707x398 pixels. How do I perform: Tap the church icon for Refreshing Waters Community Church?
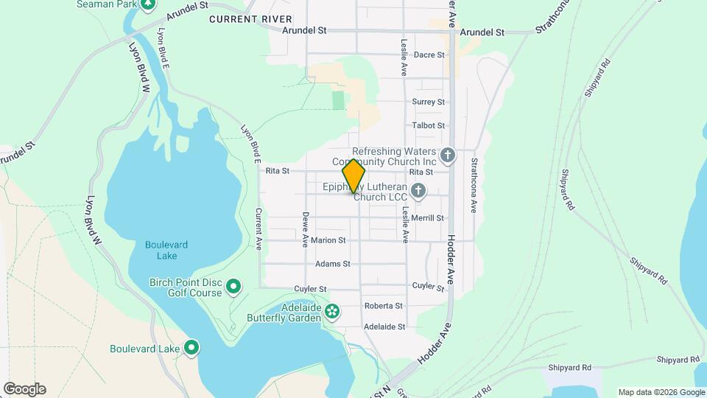[448, 156]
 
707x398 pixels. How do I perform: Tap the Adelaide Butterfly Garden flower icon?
[332, 312]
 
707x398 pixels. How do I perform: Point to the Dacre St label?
[429, 55]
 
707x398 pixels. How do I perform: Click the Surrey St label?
[429, 102]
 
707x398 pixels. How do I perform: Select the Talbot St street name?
[429, 126]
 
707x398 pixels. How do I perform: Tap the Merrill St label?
[428, 218]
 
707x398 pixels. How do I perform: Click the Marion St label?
[328, 240]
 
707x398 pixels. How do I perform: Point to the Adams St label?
[331, 264]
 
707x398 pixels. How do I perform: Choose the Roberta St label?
[384, 306]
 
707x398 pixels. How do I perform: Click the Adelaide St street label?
[384, 327]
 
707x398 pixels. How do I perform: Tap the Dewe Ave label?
[304, 228]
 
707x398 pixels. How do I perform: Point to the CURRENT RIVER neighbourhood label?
[250, 18]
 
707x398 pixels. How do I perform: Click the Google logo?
[24, 389]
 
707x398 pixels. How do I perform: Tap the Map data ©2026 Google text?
[661, 392]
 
